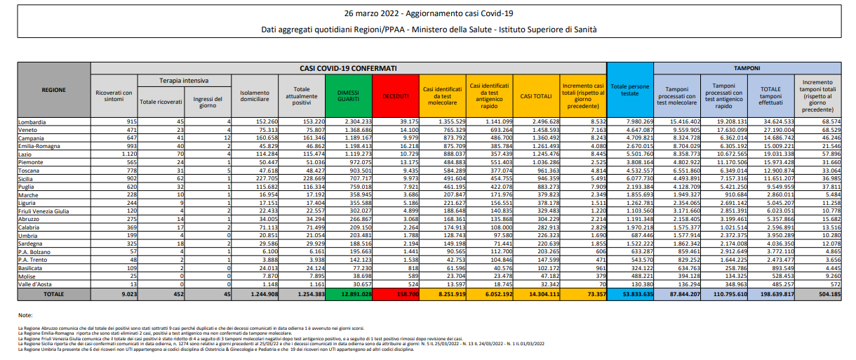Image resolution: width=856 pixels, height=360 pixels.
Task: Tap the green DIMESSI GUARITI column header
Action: pos(348,95)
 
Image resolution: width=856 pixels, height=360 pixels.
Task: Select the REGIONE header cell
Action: pos(54,91)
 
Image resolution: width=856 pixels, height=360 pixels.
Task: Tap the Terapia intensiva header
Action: pos(184,81)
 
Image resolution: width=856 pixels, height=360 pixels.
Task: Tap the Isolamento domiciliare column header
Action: pos(254,95)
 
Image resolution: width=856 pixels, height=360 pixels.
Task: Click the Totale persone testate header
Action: pos(630,90)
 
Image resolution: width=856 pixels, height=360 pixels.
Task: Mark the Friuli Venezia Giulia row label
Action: pos(44,210)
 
